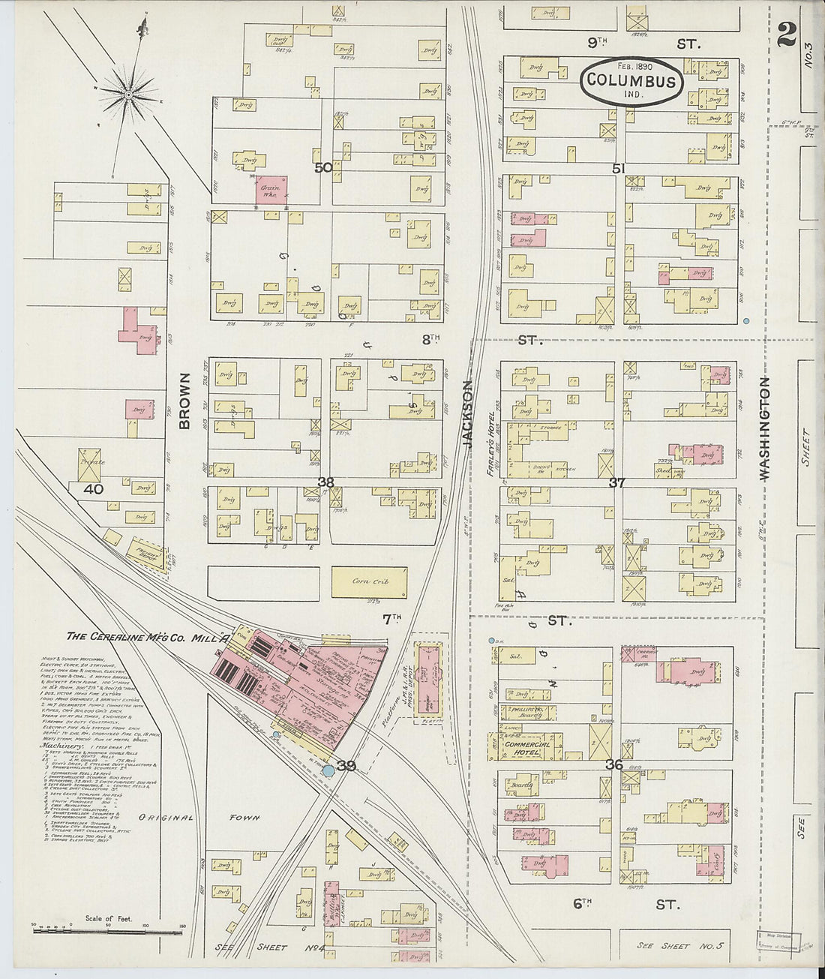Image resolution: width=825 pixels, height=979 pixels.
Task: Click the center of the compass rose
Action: tap(129, 95)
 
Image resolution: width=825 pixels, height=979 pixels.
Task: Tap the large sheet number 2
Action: tap(787, 34)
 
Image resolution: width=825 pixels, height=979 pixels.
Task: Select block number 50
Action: tap(323, 168)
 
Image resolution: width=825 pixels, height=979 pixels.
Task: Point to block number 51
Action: tap(618, 170)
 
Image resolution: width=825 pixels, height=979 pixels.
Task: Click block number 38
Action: tap(325, 482)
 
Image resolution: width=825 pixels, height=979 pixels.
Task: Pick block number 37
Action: tap(616, 482)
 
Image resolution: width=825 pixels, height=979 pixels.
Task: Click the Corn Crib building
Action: tap(371, 581)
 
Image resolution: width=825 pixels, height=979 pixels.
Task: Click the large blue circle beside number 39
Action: tap(328, 770)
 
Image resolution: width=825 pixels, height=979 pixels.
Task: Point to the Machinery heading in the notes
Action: tap(57, 746)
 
